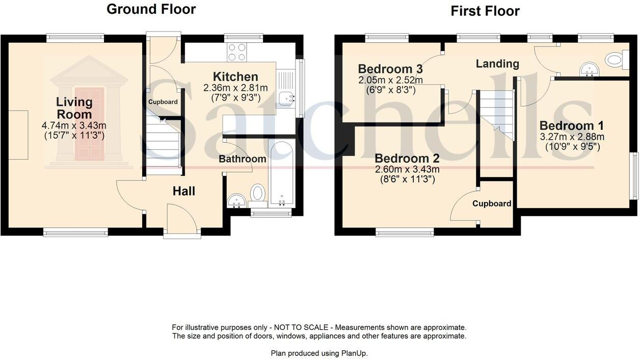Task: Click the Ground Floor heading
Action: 151,9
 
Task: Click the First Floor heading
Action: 485,11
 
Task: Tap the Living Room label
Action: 74,108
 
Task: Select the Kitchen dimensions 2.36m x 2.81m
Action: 235,88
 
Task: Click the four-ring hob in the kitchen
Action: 236,52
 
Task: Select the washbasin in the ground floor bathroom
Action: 236,200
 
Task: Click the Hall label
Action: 184,191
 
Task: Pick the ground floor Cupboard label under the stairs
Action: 163,102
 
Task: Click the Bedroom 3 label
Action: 385,69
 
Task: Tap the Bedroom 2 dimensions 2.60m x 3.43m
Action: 407,170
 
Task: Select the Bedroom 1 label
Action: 567,125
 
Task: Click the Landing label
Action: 497,64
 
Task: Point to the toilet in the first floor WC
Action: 615,60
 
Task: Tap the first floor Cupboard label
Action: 492,203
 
